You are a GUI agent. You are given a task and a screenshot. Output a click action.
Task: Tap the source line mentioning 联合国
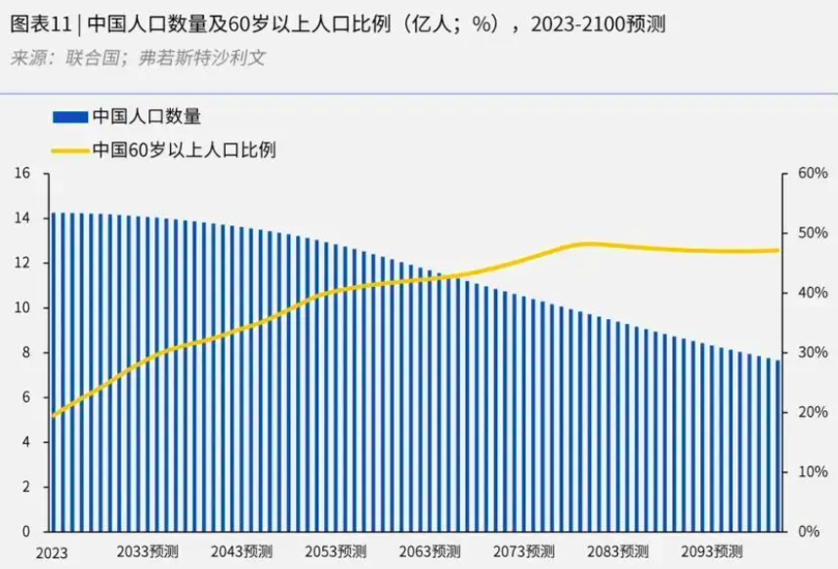coord(138,58)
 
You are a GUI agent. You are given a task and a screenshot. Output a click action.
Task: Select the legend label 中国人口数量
coord(147,116)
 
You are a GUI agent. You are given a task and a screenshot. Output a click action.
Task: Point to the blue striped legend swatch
coord(69,117)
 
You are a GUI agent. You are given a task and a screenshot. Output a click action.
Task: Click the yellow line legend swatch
coord(69,151)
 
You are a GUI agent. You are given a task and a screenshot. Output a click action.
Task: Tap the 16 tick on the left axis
coord(23,174)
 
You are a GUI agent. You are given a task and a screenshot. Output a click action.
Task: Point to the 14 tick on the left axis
coord(23,219)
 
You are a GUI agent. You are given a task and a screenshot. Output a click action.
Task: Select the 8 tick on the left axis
coord(26,353)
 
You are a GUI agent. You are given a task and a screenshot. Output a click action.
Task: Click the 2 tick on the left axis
coord(26,487)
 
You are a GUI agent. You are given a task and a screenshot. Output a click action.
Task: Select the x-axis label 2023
coord(53,553)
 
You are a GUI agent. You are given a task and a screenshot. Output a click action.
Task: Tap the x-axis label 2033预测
coord(147,551)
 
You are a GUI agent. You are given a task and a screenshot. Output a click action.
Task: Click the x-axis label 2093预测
coord(711,551)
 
